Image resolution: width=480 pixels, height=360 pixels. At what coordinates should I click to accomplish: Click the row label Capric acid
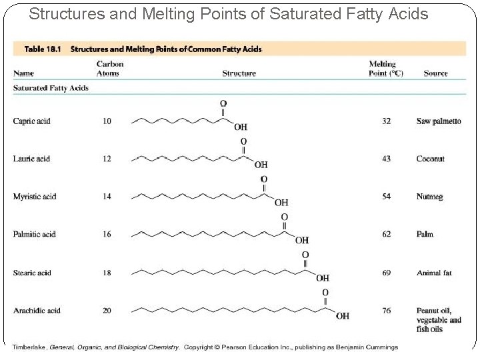coord(31,121)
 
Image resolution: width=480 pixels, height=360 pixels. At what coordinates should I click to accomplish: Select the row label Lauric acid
coord(31,159)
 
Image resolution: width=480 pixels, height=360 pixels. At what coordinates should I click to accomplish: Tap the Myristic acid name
coord(34,197)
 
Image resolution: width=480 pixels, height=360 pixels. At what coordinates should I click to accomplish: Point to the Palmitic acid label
coord(34,234)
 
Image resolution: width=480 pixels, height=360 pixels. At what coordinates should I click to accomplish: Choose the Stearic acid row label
coord(32,273)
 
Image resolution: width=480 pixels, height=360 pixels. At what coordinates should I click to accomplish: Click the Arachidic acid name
coord(37,310)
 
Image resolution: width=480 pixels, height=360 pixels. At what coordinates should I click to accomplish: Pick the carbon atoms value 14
coord(107,197)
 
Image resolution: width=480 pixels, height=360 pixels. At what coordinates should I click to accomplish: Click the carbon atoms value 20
coord(107,310)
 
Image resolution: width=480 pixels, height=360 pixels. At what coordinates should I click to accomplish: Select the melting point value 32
coord(386,121)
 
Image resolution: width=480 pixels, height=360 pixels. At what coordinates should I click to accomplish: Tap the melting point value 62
coord(386,234)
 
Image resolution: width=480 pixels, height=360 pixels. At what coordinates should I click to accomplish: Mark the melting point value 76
coord(386,310)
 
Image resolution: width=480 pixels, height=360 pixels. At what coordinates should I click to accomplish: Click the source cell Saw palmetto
coord(438,121)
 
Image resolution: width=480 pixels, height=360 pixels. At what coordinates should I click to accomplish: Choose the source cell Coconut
coord(430,159)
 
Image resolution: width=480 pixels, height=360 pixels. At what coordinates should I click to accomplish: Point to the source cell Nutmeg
coord(429,197)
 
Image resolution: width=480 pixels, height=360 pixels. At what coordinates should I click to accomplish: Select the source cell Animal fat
coord(434,273)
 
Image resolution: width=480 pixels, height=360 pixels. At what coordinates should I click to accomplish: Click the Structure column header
coord(239,73)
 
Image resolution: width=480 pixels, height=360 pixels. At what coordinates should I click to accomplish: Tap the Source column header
coord(435,73)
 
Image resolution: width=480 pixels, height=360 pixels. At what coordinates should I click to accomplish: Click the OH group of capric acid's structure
coord(240,127)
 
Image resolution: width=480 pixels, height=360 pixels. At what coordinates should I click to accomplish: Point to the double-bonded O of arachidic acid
coord(325,293)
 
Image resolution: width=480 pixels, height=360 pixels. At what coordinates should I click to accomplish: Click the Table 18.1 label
coord(44,49)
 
